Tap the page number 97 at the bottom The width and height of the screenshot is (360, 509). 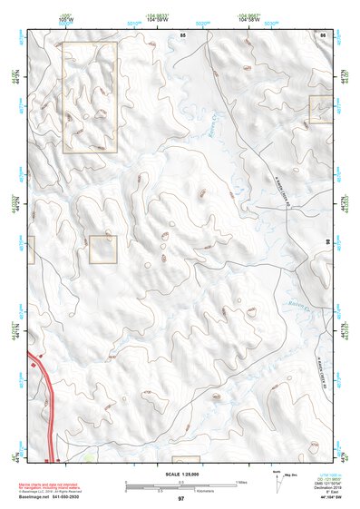[x=181, y=499]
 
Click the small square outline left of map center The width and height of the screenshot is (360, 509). [x=103, y=250]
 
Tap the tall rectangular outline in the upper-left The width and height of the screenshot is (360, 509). [x=89, y=96]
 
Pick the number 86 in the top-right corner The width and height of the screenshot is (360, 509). [x=323, y=34]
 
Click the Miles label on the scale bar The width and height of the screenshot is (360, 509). [x=242, y=481]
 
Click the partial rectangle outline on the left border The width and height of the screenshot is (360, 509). [x=31, y=250]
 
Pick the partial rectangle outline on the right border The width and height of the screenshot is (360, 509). [x=321, y=109]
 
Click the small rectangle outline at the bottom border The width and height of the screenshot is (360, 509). [x=186, y=460]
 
